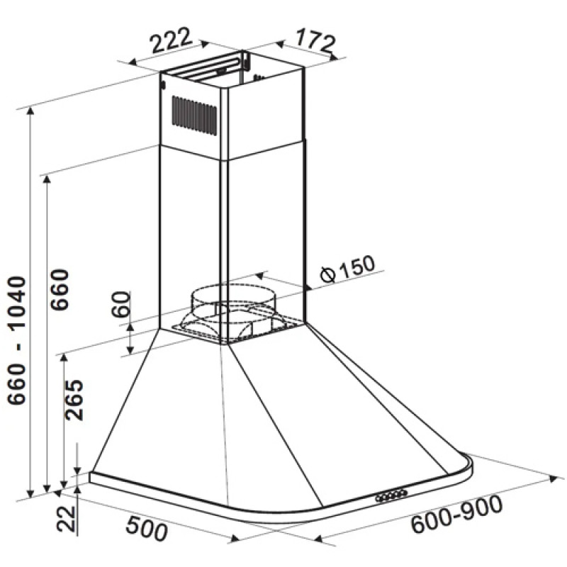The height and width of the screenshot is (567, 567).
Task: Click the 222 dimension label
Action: tap(170, 40)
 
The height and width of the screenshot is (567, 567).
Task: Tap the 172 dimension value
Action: tap(315, 41)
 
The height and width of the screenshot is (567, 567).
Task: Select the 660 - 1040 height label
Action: tap(17, 340)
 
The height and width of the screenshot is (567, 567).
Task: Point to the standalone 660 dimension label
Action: tap(60, 289)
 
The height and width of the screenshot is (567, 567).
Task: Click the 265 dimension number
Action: tap(74, 400)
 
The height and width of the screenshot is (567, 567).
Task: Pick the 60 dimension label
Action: tap(120, 304)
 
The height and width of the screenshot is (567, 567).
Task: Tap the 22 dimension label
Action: tap(66, 519)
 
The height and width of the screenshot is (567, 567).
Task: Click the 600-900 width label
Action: tap(457, 514)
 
